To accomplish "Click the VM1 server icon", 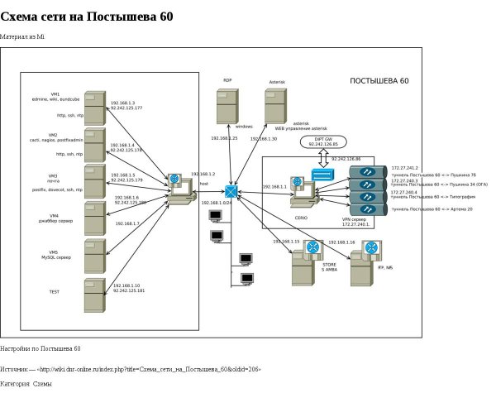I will [94, 107].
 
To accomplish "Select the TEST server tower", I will [94, 295].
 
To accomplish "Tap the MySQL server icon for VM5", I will [94, 257].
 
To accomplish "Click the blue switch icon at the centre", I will [231, 192].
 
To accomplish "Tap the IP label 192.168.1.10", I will [126, 285].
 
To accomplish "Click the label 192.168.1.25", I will [224, 138].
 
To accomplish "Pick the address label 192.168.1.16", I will [341, 242].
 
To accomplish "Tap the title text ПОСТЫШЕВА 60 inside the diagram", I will [379, 81].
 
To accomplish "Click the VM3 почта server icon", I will [94, 182].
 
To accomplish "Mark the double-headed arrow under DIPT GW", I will [322, 157].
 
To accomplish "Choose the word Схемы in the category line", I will [42, 384].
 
